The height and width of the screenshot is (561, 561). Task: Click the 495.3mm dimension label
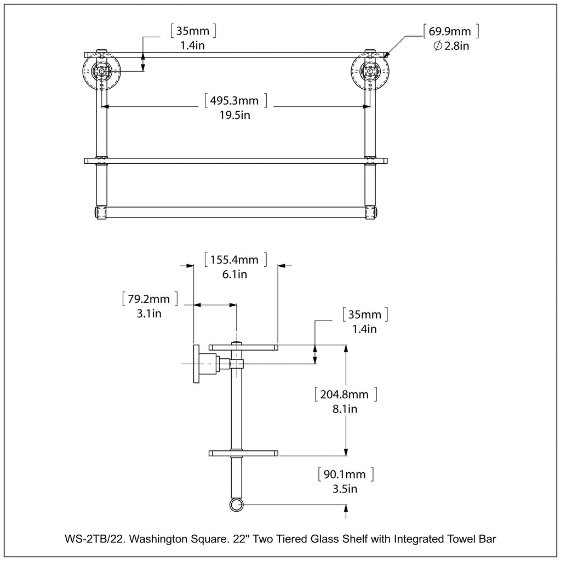click(234, 101)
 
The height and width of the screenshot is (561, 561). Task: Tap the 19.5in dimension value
click(234, 116)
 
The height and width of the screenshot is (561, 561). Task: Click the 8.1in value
click(346, 409)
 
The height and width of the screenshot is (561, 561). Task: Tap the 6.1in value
click(234, 274)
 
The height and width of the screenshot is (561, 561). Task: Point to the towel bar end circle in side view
click(237, 505)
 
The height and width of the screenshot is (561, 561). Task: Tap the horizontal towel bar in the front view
click(236, 212)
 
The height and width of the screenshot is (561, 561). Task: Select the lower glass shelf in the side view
click(243, 453)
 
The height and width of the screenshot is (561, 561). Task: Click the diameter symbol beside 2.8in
click(438, 46)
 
